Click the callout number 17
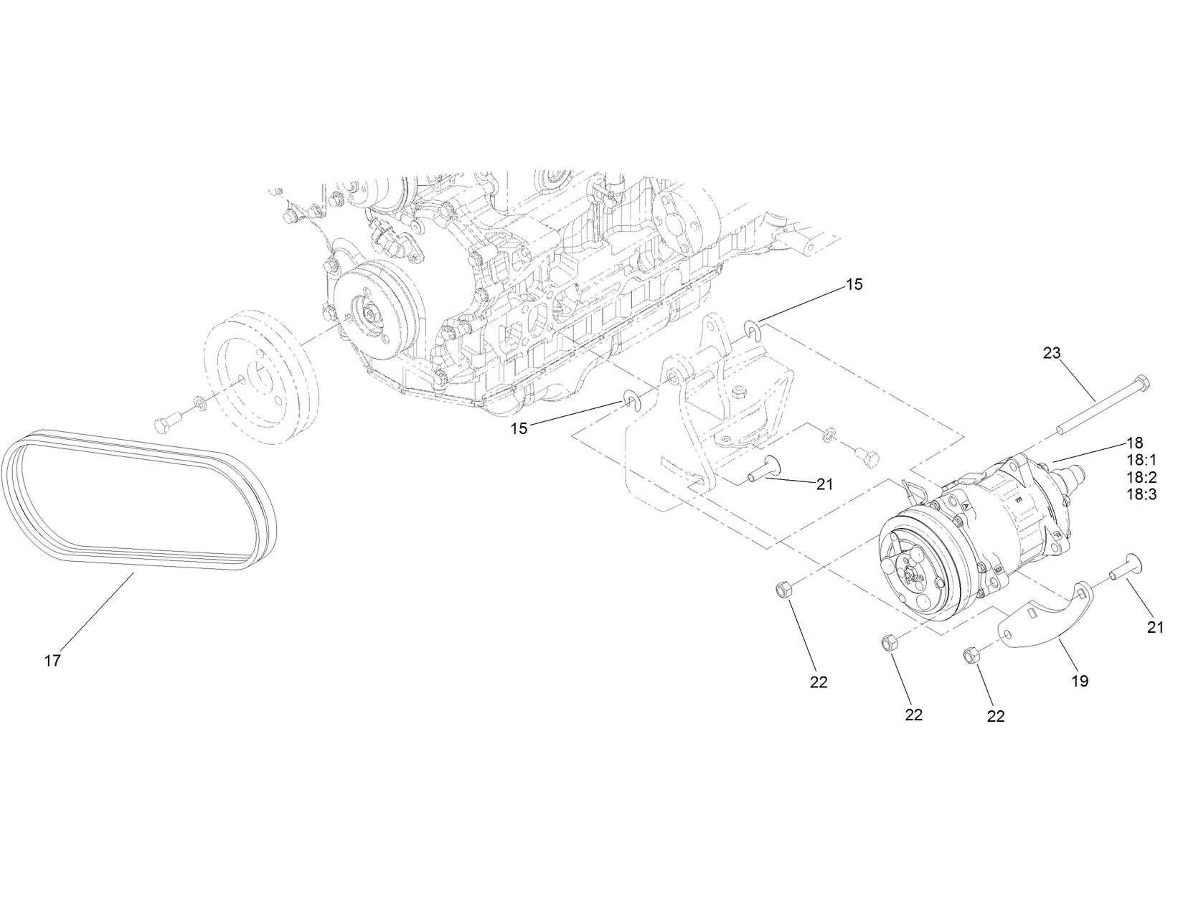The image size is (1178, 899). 52,661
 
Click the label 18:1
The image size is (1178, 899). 1141,460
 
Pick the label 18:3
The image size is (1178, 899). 1141,494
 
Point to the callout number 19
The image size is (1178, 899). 1080,681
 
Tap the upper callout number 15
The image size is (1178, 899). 854,284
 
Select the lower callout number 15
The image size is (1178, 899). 519,428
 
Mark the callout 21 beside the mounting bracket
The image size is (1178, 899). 824,484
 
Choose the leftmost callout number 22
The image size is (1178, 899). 819,682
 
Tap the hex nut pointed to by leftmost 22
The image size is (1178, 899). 783,590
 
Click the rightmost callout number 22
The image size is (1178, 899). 996,715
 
